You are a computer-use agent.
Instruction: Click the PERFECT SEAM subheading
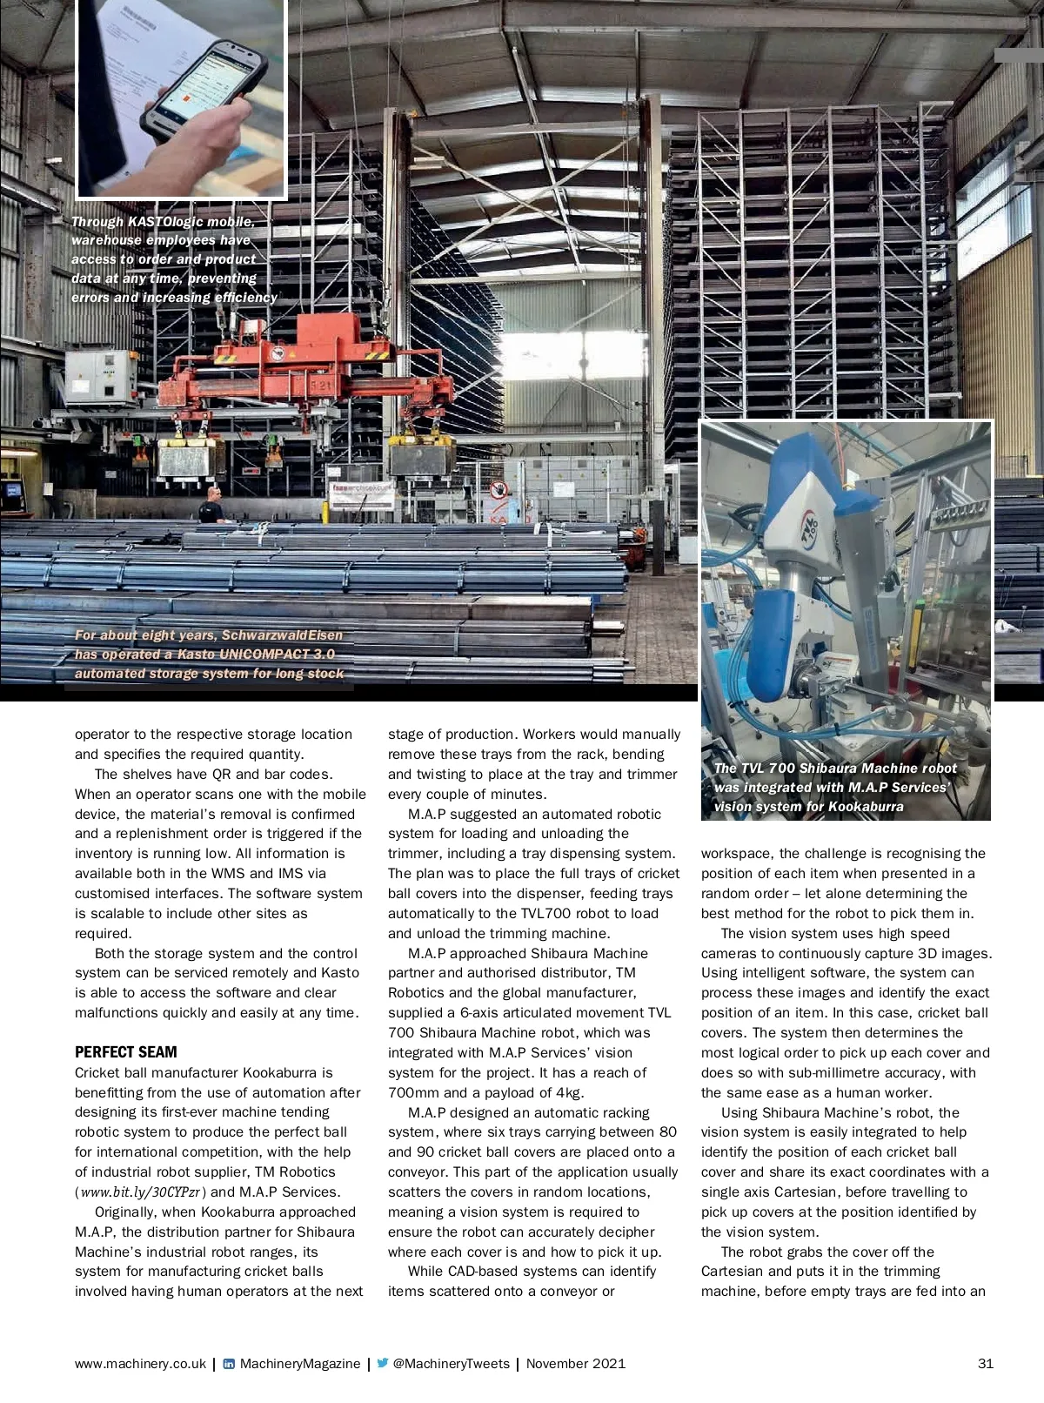click(125, 1052)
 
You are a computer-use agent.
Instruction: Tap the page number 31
click(985, 1364)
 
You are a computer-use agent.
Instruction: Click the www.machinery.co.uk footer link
click(140, 1364)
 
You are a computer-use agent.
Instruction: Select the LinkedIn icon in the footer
click(229, 1364)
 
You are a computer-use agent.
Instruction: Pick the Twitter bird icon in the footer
click(383, 1364)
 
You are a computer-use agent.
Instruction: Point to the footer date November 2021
click(575, 1364)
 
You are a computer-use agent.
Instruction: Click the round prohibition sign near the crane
click(499, 488)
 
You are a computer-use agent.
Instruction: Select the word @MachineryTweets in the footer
click(451, 1364)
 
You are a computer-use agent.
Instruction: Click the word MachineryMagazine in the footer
click(299, 1364)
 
